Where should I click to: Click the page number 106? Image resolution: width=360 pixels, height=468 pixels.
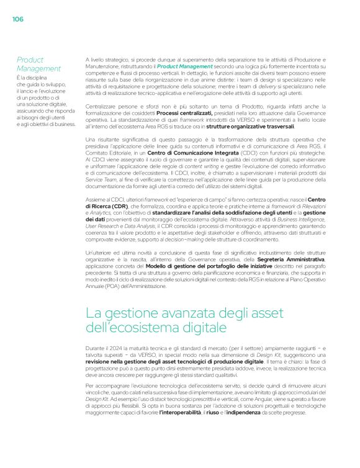[17, 19]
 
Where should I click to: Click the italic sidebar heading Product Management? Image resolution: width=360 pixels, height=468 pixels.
[38, 64]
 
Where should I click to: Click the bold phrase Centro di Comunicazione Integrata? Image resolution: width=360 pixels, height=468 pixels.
[181, 151]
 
